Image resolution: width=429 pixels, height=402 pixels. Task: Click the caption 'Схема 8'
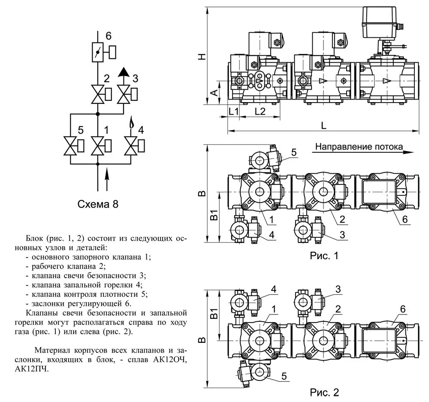tap(98, 204)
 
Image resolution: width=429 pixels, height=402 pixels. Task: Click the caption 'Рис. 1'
tap(324, 256)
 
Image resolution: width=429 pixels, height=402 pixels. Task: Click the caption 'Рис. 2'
tap(324, 392)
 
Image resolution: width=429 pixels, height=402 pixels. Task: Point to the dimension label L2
tap(260, 112)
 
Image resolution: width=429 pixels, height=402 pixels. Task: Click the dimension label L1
tap(234, 112)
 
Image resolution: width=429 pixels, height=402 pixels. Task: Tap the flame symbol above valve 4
tap(132, 125)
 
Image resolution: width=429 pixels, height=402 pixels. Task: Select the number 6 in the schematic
tap(109, 36)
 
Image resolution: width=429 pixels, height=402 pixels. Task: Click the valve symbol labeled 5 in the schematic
tap(70, 145)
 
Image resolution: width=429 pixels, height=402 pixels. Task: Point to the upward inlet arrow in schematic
tap(106, 176)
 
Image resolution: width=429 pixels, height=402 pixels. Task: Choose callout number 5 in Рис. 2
tap(284, 376)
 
